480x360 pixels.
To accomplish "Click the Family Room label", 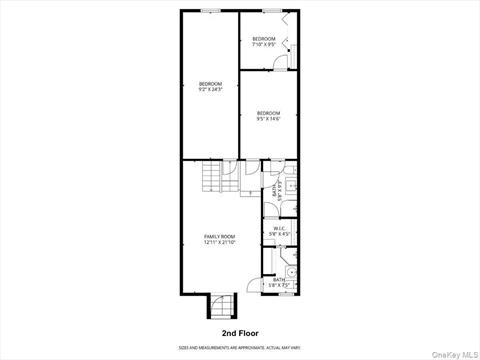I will coord(219,236).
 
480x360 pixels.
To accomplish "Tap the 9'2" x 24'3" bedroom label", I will coord(210,83).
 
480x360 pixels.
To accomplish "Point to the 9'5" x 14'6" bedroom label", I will coord(268,113).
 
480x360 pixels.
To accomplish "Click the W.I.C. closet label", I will coord(280,227).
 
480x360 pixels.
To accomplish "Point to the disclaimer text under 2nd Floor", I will coord(240,346).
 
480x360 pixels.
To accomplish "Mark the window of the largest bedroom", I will coord(210,11).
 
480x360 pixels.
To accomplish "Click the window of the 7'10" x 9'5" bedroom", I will coord(271,11).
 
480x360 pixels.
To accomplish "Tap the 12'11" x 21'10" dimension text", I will coord(219,242).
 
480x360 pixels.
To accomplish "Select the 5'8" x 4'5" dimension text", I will coord(280,233).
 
